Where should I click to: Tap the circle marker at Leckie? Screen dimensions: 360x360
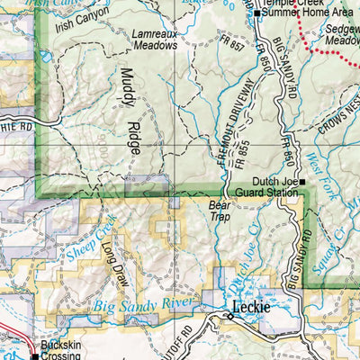229,316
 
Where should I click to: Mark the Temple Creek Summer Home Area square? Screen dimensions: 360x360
256,13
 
